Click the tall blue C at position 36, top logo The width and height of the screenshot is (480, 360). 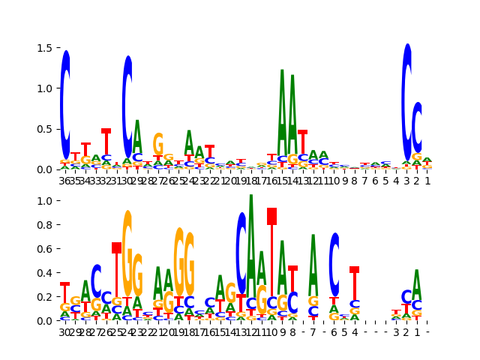[65, 105]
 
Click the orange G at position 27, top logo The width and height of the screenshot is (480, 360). [158, 144]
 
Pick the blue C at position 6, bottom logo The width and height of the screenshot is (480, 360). [334, 264]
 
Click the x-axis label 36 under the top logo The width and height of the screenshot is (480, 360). [65, 180]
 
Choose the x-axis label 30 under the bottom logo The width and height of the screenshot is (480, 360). [65, 331]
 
